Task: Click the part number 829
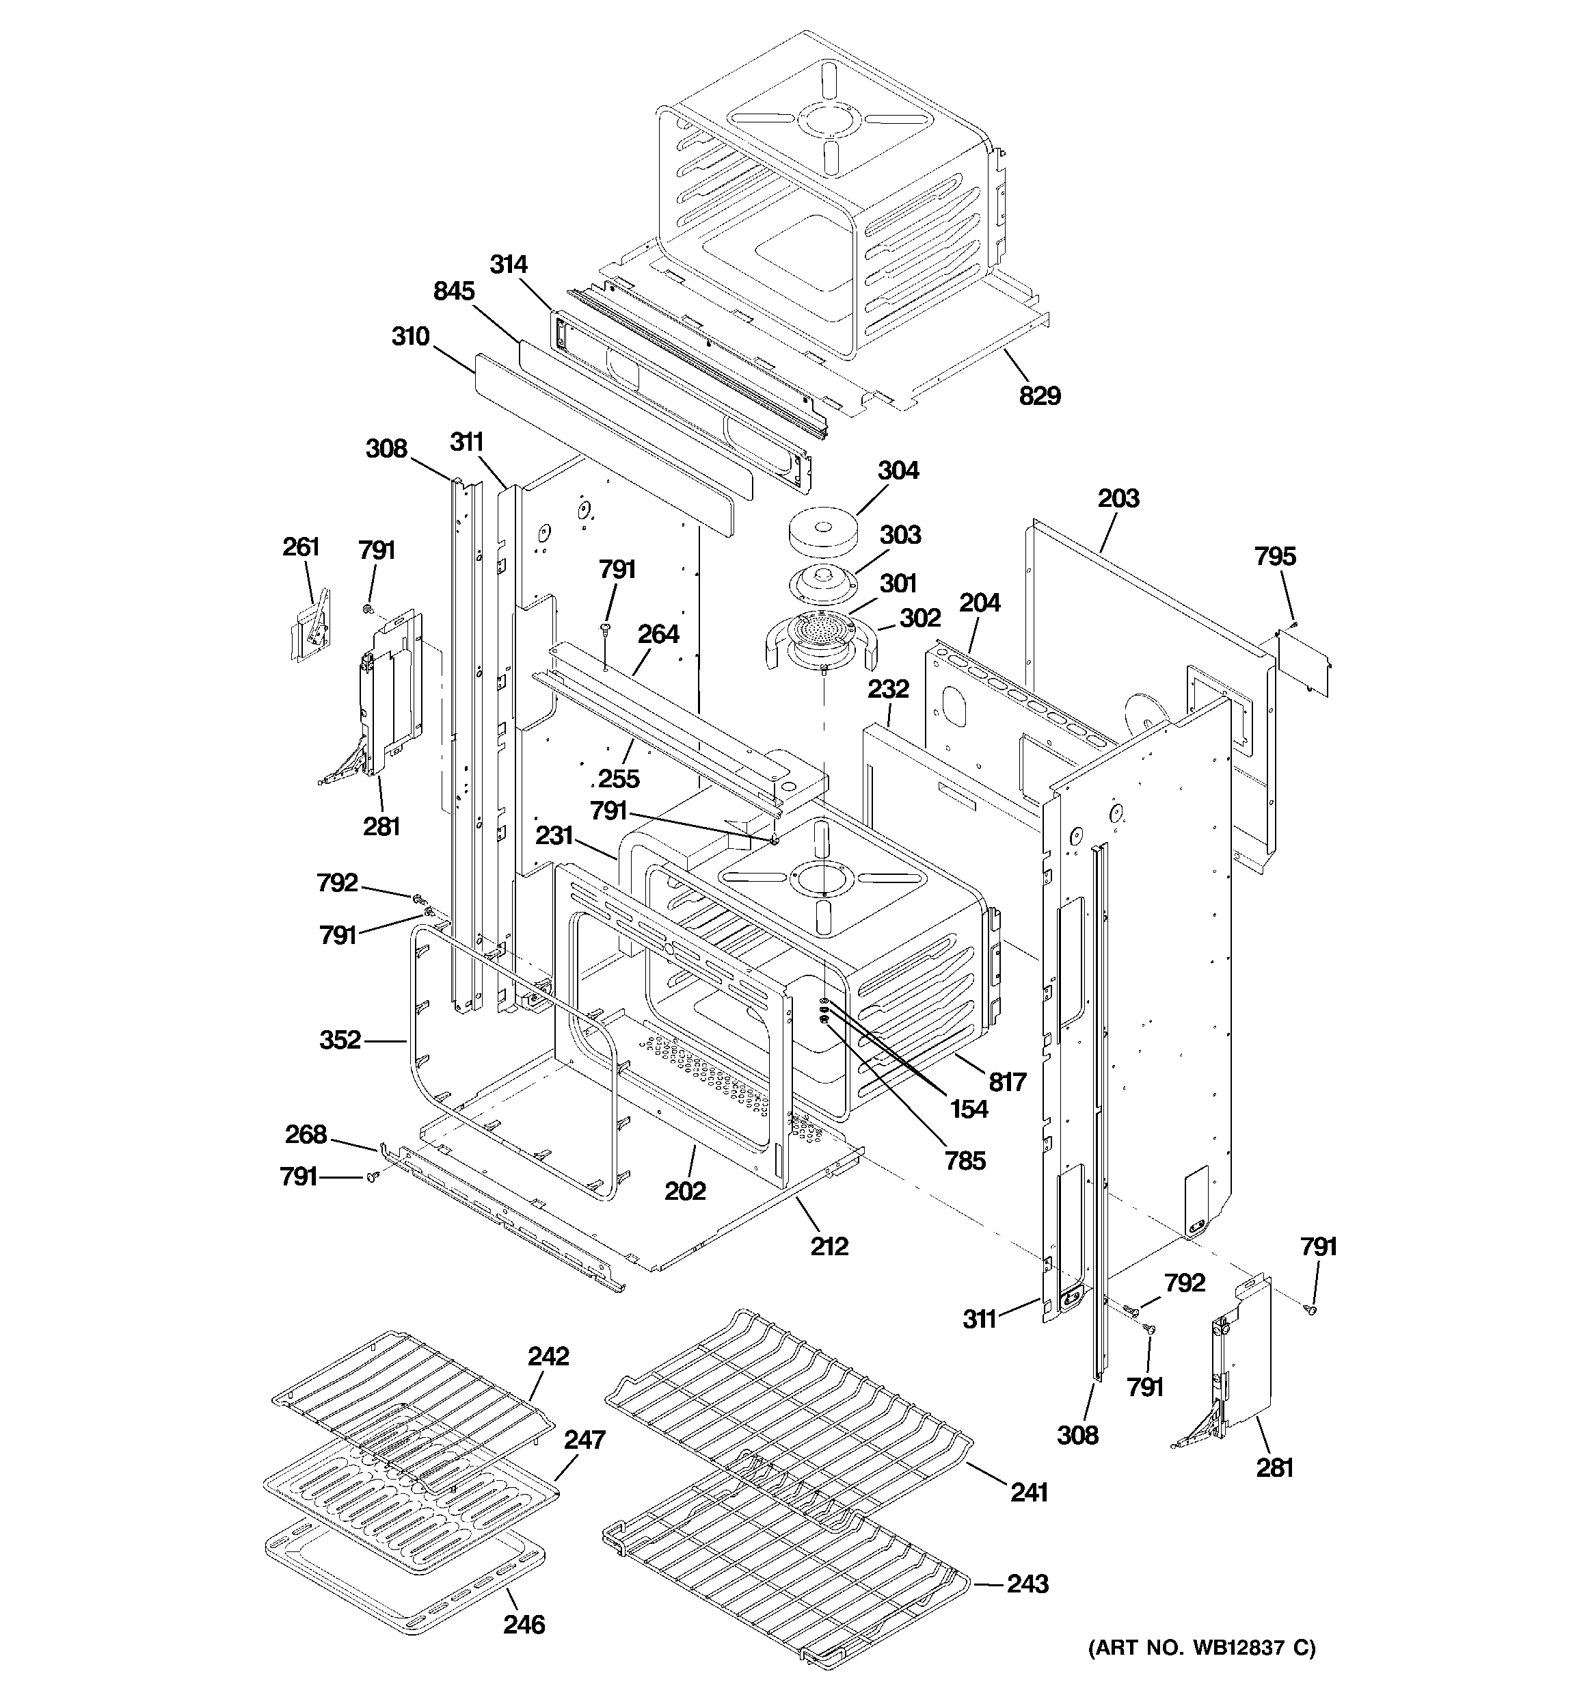click(1040, 396)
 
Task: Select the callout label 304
click(898, 470)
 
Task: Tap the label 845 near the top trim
click(454, 291)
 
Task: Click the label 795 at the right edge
click(1274, 556)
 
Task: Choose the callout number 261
click(301, 547)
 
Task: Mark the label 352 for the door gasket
click(340, 1040)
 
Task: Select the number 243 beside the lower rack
click(1027, 1584)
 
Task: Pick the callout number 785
click(965, 1160)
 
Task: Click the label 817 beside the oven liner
click(1007, 1081)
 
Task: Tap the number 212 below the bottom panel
click(829, 1247)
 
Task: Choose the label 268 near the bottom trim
click(306, 1134)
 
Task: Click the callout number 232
click(888, 688)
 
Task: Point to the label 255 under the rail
click(618, 778)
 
